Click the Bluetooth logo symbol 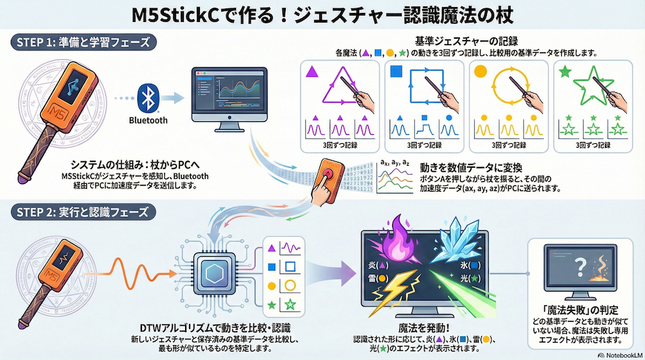point(148,97)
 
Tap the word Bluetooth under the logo point(148,120)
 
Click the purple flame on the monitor point(394,242)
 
